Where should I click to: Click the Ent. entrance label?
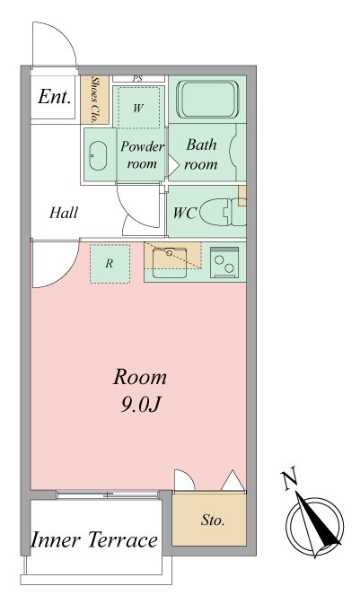click(x=54, y=98)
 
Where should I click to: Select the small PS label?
click(x=137, y=79)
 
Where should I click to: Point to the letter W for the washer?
click(x=138, y=109)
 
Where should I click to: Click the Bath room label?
click(x=200, y=154)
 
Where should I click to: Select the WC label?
click(x=185, y=214)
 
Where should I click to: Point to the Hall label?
click(x=64, y=214)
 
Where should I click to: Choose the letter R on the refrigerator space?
click(x=109, y=264)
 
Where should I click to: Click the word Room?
click(x=140, y=376)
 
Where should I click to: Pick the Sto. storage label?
click(x=212, y=521)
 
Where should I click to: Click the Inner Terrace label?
click(x=94, y=540)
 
